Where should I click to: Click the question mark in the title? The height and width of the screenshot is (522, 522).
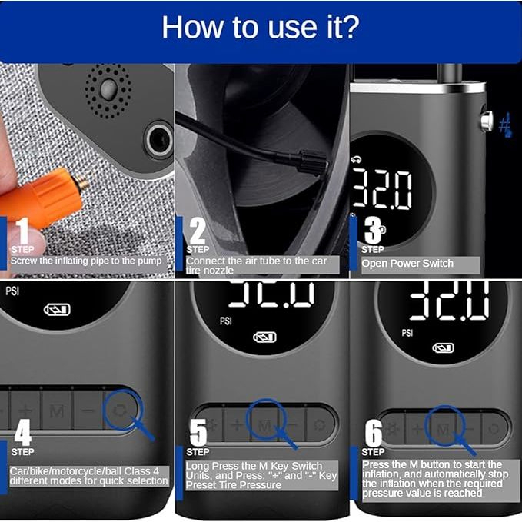(350, 27)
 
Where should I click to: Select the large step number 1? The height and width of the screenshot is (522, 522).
(22, 231)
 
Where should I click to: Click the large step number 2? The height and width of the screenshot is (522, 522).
(198, 231)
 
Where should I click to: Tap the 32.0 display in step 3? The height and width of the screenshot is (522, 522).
(382, 189)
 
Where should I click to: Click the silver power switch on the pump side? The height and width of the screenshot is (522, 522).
(487, 121)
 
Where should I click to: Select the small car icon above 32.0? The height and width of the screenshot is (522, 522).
(356, 160)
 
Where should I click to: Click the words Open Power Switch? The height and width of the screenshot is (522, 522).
(407, 264)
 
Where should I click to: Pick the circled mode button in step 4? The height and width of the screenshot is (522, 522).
(119, 411)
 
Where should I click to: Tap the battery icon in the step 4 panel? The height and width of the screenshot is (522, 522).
(57, 310)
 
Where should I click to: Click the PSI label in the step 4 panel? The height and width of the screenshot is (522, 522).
(12, 291)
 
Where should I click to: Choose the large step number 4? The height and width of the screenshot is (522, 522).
(23, 432)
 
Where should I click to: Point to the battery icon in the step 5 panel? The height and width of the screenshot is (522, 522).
(264, 337)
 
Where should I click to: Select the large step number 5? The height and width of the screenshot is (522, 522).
(198, 432)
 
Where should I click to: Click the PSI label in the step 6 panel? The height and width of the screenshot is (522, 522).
(407, 333)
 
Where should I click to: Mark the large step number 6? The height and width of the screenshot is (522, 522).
(374, 432)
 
